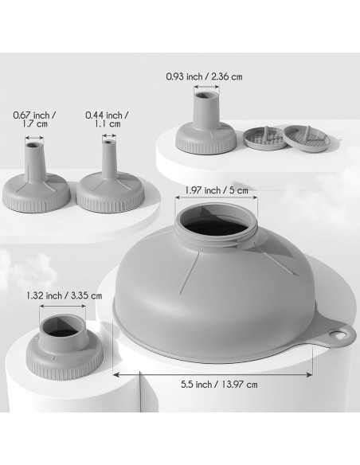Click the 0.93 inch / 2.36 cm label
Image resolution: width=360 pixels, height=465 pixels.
click(x=204, y=76)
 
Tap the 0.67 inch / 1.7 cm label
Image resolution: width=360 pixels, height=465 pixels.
click(x=35, y=119)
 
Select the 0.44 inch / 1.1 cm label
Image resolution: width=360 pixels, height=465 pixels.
click(x=108, y=119)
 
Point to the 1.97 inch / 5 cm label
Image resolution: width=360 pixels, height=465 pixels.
click(x=217, y=190)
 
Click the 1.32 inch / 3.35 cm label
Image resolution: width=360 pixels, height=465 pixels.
click(x=65, y=295)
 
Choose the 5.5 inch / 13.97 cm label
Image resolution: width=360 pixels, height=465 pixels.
click(x=219, y=385)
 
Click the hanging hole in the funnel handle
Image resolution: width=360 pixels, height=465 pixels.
click(x=338, y=334)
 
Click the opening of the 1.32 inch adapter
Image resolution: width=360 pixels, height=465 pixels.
click(x=61, y=327)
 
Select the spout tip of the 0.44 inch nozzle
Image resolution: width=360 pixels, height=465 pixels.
click(x=109, y=143)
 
